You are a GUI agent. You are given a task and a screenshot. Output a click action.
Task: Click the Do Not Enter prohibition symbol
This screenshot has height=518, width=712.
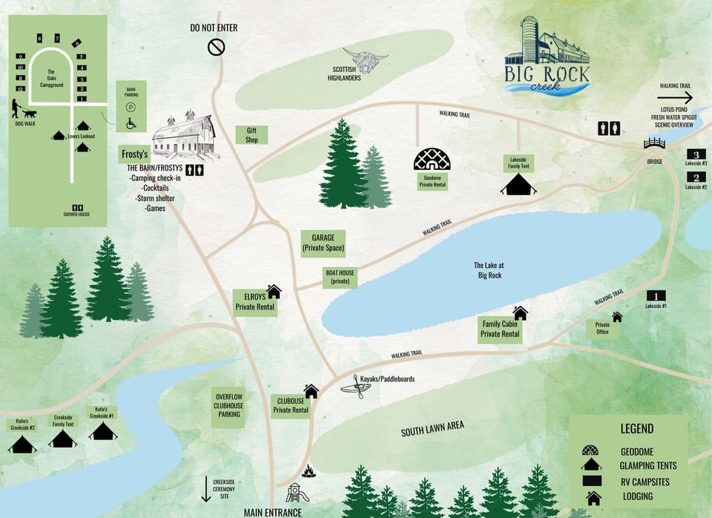pyautogui.click(x=216, y=47)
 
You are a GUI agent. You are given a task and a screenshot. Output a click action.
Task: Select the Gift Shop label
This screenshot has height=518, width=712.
pyautogui.click(x=251, y=135)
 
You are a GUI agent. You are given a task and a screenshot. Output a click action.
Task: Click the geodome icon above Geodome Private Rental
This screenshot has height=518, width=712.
pyautogui.click(x=432, y=160)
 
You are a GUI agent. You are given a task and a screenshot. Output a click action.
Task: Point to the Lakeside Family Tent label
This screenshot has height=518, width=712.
pyautogui.click(x=518, y=163)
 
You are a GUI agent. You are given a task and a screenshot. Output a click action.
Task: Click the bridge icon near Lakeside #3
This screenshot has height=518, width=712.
pyautogui.click(x=655, y=143)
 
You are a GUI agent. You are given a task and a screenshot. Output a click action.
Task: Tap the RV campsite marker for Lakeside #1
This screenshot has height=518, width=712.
pyautogui.click(x=656, y=295)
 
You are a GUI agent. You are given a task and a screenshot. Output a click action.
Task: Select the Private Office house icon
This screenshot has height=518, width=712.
pyautogui.click(x=616, y=317)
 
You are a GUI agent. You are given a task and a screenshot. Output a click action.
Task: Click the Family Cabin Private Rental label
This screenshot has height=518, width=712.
pyautogui.click(x=500, y=330)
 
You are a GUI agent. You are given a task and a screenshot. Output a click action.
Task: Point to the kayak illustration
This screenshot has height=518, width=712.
pyautogui.click(x=356, y=387)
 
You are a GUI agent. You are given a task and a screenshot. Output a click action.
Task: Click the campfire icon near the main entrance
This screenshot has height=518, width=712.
pyautogui.click(x=309, y=471)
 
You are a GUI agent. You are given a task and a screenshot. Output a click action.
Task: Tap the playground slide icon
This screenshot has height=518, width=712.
pyautogui.click(x=297, y=492)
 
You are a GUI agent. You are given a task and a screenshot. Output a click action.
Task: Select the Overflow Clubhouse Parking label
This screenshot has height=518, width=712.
pyautogui.click(x=229, y=407)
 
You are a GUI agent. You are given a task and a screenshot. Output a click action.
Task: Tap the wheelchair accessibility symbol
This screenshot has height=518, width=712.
pyautogui.click(x=131, y=123)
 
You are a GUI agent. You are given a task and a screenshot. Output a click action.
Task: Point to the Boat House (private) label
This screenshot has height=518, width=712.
pyautogui.click(x=340, y=278)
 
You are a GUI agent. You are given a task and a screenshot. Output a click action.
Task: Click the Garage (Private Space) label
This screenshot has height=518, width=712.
pyautogui.click(x=323, y=243)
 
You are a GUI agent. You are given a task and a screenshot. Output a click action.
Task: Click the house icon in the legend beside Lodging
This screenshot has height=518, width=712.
pyautogui.click(x=593, y=496)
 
